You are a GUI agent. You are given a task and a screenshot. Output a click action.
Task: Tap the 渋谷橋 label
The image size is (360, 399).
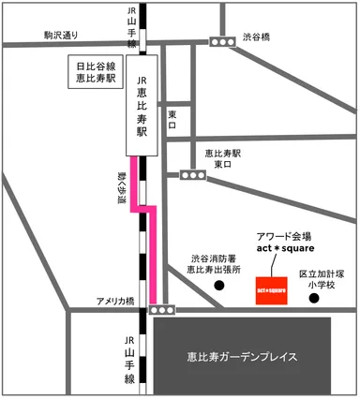tap(255, 37)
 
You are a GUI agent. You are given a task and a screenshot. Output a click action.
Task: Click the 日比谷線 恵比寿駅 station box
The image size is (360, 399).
tap(97, 72)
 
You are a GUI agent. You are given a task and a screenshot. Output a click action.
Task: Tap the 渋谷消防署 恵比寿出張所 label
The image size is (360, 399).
tap(214, 263)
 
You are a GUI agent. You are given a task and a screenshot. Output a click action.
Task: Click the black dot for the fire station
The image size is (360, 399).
tap(218, 288)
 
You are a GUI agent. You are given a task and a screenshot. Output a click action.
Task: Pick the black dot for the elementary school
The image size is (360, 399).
tap(314, 300)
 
